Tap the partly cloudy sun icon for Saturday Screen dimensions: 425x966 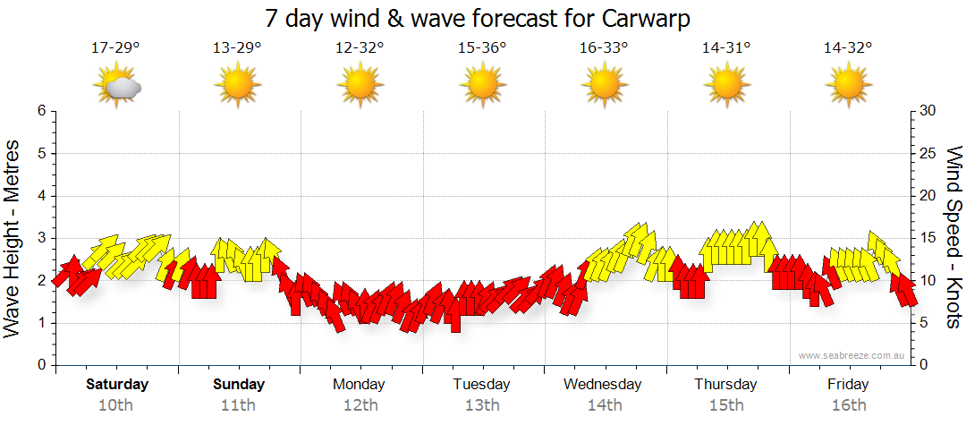(x=117, y=86)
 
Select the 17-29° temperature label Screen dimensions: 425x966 (x=115, y=47)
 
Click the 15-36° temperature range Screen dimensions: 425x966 (x=482, y=47)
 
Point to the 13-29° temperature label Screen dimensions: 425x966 (x=238, y=47)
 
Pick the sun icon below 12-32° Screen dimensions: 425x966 (x=360, y=86)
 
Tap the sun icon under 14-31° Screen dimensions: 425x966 (x=726, y=86)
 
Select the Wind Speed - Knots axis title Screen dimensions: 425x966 (x=953, y=237)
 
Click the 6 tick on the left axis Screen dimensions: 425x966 (x=41, y=111)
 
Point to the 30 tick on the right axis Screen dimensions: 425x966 (x=928, y=111)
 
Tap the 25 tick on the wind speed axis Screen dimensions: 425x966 (x=928, y=153)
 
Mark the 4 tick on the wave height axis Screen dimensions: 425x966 (x=41, y=196)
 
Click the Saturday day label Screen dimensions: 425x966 (x=117, y=385)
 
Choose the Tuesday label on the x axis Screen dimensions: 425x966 (x=481, y=385)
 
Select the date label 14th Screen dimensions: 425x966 (x=604, y=404)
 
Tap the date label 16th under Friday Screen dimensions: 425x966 (x=848, y=404)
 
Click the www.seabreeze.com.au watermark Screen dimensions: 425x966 (x=852, y=355)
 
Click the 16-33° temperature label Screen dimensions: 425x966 (x=604, y=47)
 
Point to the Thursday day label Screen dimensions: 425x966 (x=725, y=385)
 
